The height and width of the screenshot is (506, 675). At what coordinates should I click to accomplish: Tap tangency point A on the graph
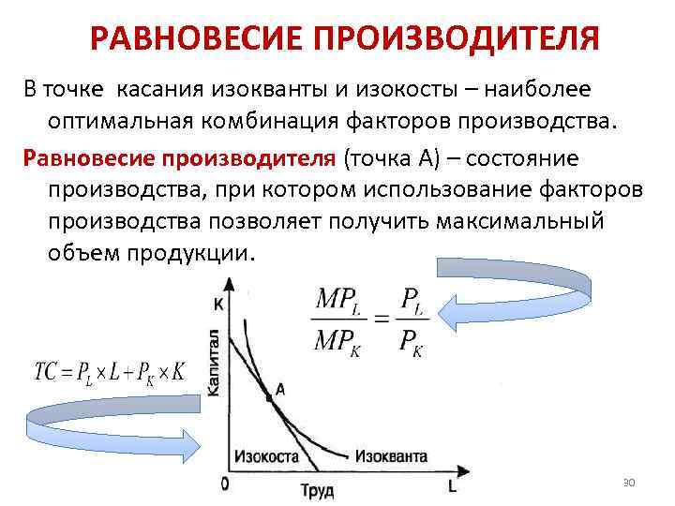pyautogui.click(x=269, y=397)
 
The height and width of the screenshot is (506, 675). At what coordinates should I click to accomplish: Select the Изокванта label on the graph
pyautogui.click(x=391, y=456)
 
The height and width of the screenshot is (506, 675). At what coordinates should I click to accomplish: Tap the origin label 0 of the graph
pyautogui.click(x=224, y=484)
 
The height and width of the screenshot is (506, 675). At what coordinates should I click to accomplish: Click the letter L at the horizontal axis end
pyautogui.click(x=452, y=487)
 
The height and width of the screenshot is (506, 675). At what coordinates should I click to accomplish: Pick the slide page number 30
pyautogui.click(x=628, y=482)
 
